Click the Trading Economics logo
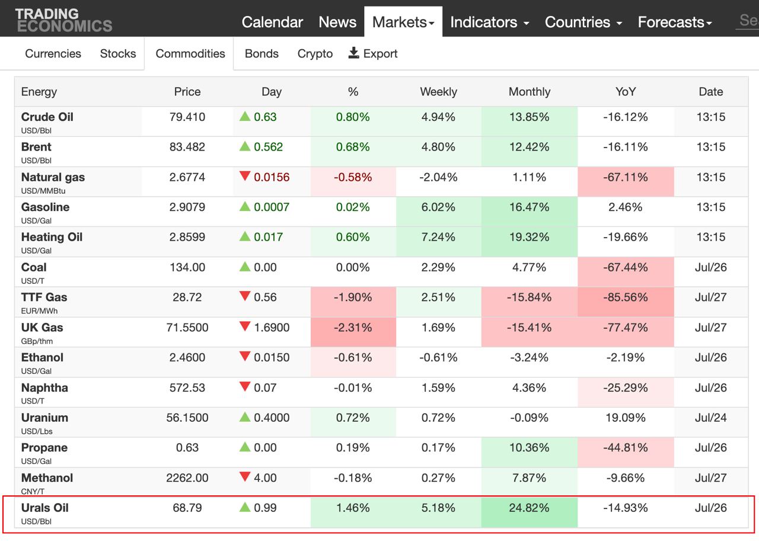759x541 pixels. (63, 20)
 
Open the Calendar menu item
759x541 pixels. (272, 22)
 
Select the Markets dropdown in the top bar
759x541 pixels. (403, 22)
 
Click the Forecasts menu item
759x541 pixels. (675, 22)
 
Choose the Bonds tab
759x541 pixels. (261, 53)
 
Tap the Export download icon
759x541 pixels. (354, 53)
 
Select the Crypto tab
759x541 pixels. (315, 53)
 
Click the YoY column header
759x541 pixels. (626, 92)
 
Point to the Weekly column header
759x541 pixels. (438, 92)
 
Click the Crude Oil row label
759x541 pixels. (47, 117)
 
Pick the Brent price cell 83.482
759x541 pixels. (187, 147)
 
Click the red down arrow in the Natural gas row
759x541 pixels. (245, 176)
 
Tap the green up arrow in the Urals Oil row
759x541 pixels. (245, 507)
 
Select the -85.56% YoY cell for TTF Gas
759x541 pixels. (626, 297)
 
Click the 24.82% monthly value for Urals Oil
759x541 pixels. (529, 508)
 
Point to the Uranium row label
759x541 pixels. (44, 418)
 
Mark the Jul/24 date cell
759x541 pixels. (710, 418)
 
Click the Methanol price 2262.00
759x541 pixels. (187, 478)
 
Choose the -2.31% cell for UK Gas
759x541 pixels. (353, 328)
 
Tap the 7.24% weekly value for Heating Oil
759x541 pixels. (438, 237)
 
